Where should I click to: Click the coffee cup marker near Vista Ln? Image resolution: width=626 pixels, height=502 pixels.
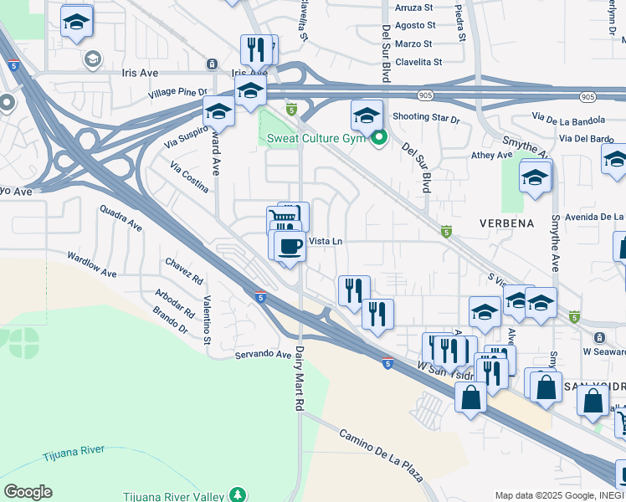coord(290,247)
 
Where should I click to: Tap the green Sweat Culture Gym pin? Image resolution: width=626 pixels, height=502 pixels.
coord(379,138)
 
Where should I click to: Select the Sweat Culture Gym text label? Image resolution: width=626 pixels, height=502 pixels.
coord(317,138)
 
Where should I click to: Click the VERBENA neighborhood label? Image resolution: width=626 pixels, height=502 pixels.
coord(507,223)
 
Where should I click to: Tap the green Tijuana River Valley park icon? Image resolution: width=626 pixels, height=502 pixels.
coord(239,494)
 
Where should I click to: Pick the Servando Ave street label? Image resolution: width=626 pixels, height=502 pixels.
coord(260,354)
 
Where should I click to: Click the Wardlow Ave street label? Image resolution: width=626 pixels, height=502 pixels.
coord(92,266)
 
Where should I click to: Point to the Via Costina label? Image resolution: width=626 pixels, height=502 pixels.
coord(189,178)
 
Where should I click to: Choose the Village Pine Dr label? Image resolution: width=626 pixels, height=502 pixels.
coord(177,93)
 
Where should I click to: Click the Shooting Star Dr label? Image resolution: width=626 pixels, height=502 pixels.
coord(426,118)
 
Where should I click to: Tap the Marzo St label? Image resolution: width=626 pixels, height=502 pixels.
coord(415,44)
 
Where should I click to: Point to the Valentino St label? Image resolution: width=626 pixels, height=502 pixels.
coord(206,320)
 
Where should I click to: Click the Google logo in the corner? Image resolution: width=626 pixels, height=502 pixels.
coord(28,492)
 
